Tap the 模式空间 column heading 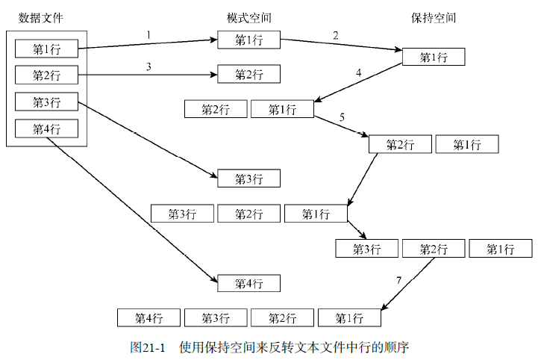(x=249, y=17)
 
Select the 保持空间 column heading (x=434, y=17)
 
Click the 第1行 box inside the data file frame (x=47, y=49)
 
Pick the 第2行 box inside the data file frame (x=47, y=75)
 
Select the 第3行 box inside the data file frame (x=47, y=102)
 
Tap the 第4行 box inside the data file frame (x=47, y=128)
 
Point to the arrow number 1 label (x=148, y=34)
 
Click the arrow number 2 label (x=336, y=35)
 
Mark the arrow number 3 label (x=148, y=67)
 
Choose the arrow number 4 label (x=358, y=73)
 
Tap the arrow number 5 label (x=342, y=117)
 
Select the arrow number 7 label (x=399, y=280)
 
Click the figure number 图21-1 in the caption (x=147, y=347)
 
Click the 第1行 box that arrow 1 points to (x=249, y=40)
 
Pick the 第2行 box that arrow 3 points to (x=249, y=74)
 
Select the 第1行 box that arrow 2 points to (x=434, y=57)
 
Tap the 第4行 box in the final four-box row (x=148, y=318)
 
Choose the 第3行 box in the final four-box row (x=216, y=318)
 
